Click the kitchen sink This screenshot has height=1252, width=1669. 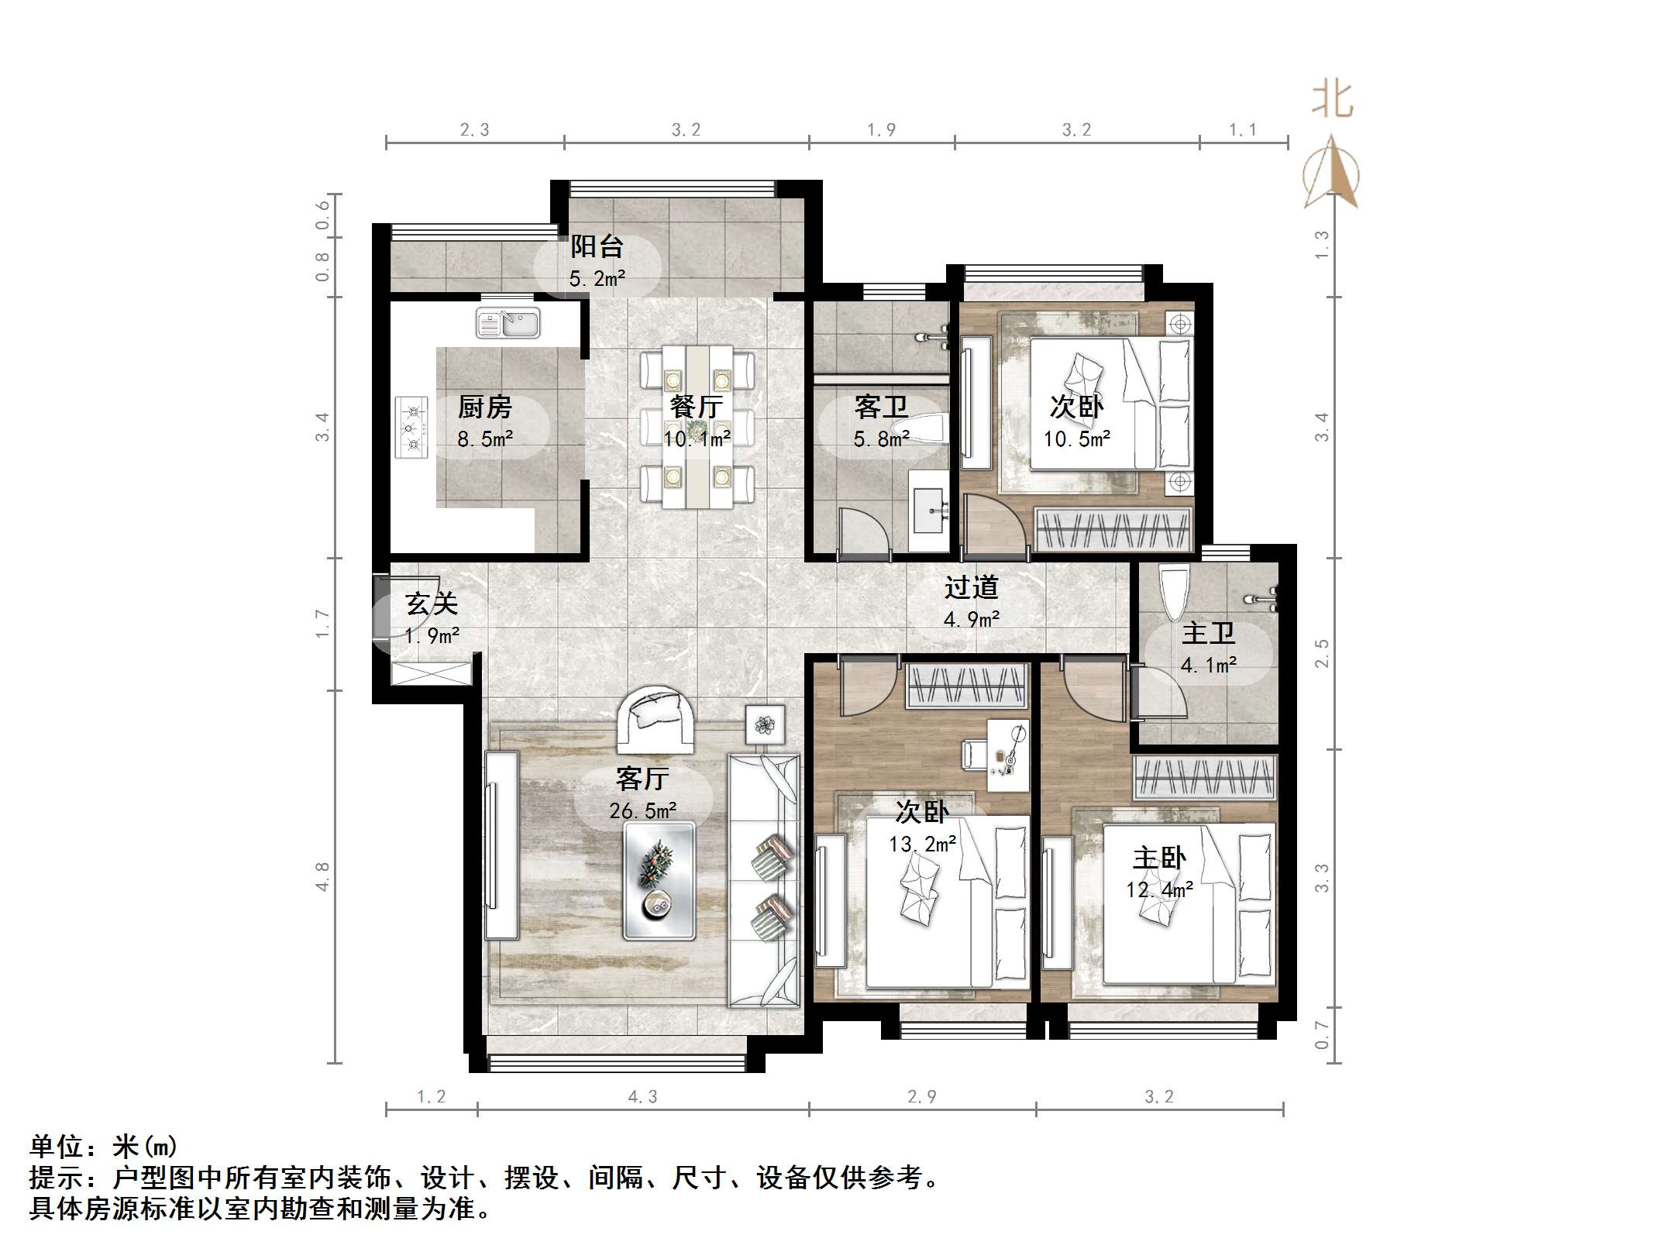[x=508, y=322]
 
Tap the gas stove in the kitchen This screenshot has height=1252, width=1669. [x=411, y=428]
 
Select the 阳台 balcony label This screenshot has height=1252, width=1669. [x=597, y=247]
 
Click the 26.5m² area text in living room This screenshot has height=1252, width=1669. [x=642, y=811]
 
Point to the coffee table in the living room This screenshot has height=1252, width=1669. [x=659, y=882]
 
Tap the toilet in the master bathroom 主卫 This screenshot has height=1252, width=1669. [x=1175, y=592]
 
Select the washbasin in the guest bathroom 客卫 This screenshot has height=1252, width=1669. [x=930, y=510]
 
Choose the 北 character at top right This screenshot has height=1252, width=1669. [x=1333, y=101]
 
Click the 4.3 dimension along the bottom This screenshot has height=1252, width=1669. [x=642, y=1096]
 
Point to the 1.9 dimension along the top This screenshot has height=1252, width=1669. [x=881, y=129]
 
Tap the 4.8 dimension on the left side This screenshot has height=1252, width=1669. [x=322, y=876]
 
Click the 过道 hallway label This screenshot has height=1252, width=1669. [x=971, y=588]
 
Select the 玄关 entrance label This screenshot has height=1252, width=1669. [x=432, y=604]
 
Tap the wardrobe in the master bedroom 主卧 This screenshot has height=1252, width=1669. [x=1204, y=778]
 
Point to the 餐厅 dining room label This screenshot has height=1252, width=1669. [x=696, y=407]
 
